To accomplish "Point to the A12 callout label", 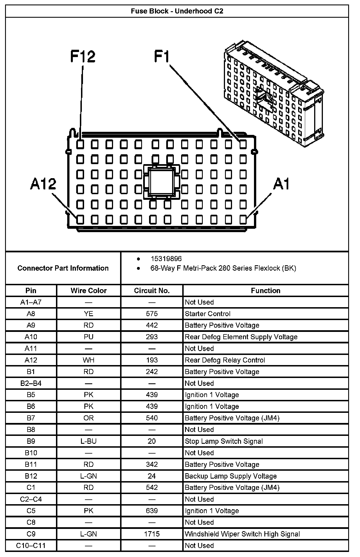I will pos(43,184).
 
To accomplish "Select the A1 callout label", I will pos(281,184).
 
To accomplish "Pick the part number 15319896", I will pos(166,259).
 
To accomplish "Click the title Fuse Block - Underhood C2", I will pos(177,11).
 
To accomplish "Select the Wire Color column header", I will pos(89,291).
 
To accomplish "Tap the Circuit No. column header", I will pos(152,291).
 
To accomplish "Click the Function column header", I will pos(265,291).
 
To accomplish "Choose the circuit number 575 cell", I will pos(152,314).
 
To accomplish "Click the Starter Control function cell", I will pos(208,314).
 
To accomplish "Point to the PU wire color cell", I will pos(89,337).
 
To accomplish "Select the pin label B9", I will pos(31,441).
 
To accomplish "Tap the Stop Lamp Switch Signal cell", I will pos(224,441).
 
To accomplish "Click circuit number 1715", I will pos(152,534).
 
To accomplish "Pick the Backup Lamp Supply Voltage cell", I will pos(231,476).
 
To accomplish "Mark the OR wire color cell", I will pos(89,418).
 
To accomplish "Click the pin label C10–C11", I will pos(31,545).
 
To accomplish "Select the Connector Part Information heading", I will pos(63,268).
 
